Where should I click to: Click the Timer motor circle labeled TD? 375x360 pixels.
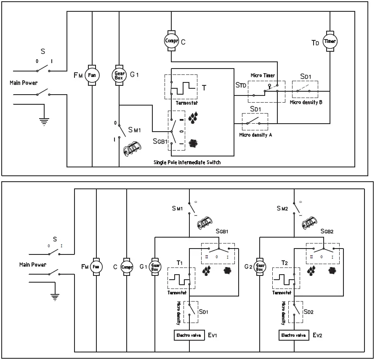[x=330, y=41]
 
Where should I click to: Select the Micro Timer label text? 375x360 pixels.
[x=263, y=75]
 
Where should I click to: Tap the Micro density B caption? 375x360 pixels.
[x=306, y=102]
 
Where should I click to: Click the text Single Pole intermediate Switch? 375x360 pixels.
[x=188, y=162]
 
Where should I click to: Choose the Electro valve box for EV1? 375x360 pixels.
[x=189, y=335]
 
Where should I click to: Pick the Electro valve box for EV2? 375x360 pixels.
[x=293, y=335]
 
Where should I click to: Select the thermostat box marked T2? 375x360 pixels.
[x=286, y=278]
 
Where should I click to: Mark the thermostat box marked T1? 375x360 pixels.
[x=181, y=278]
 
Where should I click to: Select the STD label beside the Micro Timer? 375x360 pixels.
[x=240, y=86]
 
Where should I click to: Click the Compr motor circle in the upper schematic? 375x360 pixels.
[x=171, y=40]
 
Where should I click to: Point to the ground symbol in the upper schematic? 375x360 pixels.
[x=43, y=122]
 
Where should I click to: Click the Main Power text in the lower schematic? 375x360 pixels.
[x=33, y=265]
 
